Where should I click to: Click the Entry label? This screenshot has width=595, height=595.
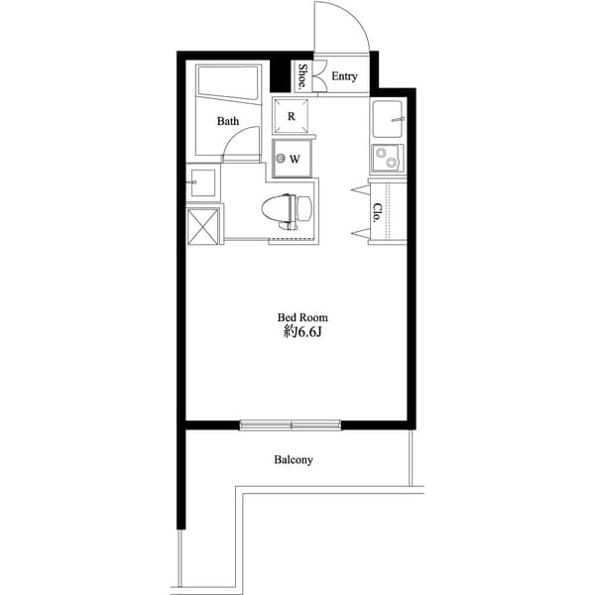[344, 76]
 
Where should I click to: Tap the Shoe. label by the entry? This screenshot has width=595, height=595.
[302, 76]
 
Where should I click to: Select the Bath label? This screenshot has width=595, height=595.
[229, 122]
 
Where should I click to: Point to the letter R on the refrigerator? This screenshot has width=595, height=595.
[292, 116]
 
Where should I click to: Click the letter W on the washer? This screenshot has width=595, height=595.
[296, 159]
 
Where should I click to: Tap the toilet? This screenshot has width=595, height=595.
[287, 209]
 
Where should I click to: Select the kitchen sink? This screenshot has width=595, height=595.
[390, 122]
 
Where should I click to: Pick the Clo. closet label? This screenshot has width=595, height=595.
[378, 211]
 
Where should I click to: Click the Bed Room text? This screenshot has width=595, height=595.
[296, 318]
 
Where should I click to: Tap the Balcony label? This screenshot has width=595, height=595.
[294, 460]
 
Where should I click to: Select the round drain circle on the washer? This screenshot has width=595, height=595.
[282, 159]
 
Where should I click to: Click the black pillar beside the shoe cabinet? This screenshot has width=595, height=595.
[279, 75]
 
